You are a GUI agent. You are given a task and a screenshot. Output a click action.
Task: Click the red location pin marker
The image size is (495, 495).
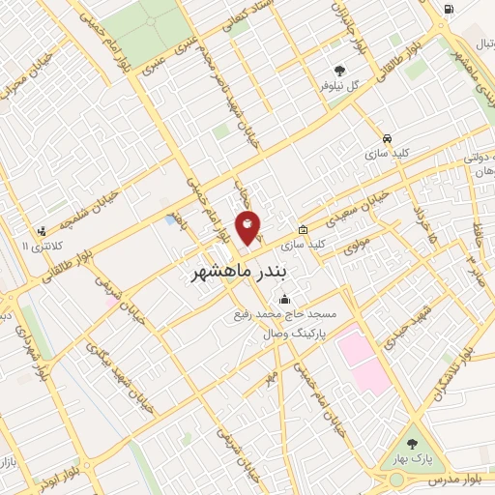coord(247,227)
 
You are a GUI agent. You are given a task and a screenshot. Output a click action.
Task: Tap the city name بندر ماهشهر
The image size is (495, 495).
coord(235,274)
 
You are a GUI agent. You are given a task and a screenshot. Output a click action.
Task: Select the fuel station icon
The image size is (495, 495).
coord(450,10)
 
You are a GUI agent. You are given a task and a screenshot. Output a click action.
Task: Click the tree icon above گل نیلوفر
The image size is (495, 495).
coord(339,70)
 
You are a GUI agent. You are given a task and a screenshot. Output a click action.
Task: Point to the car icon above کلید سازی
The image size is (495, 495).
coord(387,137)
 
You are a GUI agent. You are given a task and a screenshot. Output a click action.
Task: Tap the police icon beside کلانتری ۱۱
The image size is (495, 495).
coord(41,231)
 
